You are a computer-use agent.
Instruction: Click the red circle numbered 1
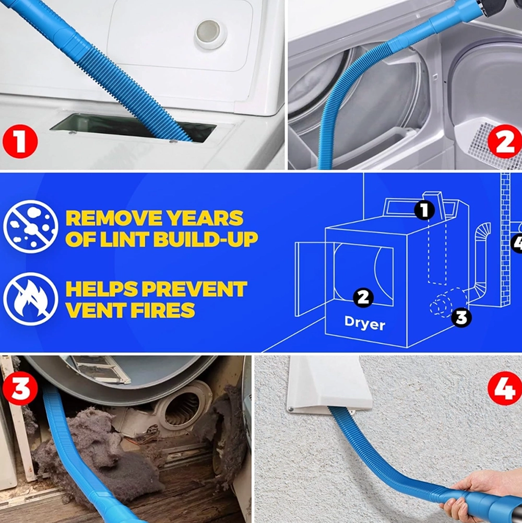click(20, 142)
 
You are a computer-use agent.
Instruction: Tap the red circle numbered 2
click(505, 142)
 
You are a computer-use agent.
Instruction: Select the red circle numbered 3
click(20, 388)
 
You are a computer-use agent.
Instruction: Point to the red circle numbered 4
click(505, 388)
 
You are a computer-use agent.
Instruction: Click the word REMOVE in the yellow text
click(113, 218)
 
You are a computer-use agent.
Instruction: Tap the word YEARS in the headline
click(205, 218)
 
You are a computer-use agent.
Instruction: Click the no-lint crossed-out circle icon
click(31, 226)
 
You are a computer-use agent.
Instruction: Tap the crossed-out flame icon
click(31, 299)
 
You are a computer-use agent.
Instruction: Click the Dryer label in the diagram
click(365, 323)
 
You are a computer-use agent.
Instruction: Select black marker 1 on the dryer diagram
click(424, 211)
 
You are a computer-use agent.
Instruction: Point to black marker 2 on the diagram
click(363, 297)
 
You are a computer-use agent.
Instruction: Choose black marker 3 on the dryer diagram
click(461, 317)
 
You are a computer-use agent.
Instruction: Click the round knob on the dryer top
click(210, 33)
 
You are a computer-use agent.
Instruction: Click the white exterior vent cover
click(328, 384)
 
